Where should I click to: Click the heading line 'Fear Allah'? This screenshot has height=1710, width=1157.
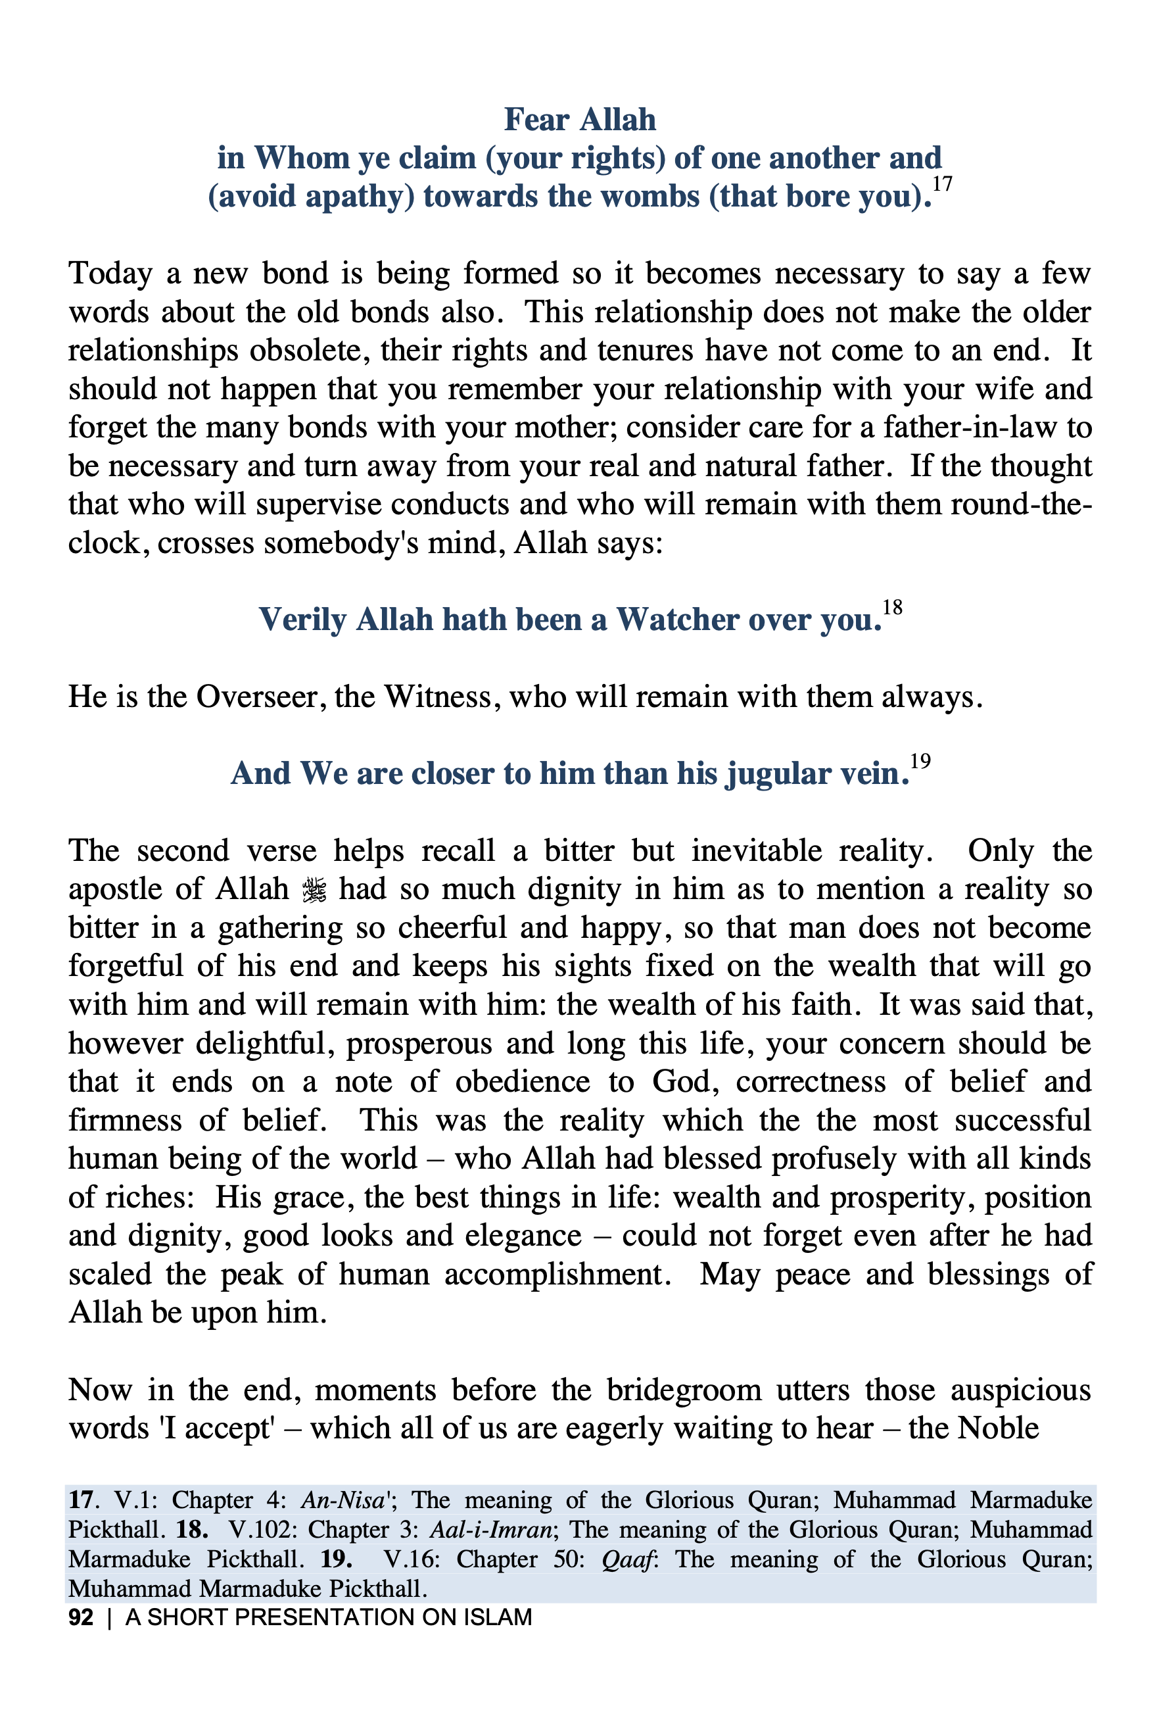(579, 120)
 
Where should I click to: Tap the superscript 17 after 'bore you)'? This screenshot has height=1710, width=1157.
(941, 184)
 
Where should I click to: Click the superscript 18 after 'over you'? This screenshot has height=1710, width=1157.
(891, 607)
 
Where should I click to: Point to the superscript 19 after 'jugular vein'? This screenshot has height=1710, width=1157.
(920, 761)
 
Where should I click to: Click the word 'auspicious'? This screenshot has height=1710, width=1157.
(1021, 1390)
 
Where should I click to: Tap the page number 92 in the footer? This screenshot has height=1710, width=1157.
(81, 1617)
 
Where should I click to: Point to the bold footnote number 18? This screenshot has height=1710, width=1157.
(192, 1529)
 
